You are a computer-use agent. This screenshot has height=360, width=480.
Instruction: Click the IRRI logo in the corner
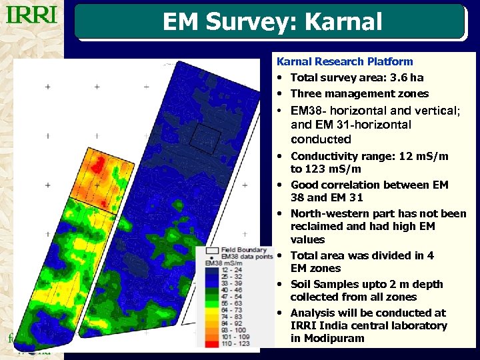32,15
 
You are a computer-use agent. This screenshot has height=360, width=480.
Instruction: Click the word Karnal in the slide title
343,22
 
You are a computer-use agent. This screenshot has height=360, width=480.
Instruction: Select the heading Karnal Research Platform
345,61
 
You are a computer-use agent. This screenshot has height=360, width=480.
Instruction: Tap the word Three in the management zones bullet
305,93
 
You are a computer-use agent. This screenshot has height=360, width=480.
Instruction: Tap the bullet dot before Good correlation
281,185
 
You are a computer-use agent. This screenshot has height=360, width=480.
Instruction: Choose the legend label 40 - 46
232,289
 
